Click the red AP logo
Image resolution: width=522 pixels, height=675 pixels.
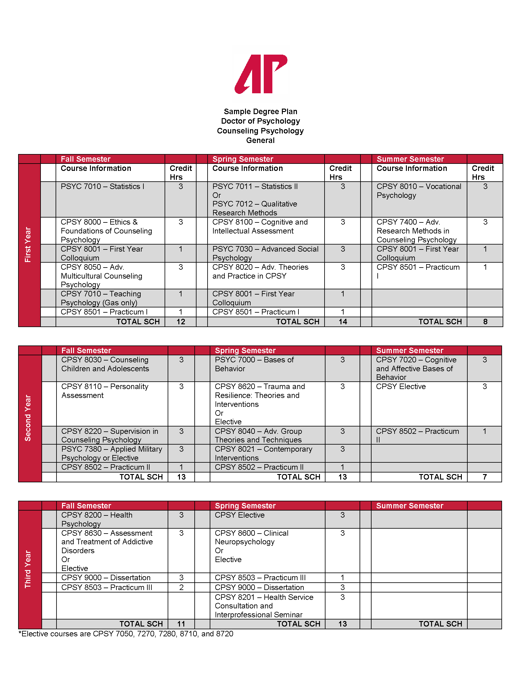pyautogui.click(x=261, y=74)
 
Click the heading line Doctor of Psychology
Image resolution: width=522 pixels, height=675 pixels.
pyautogui.click(x=260, y=121)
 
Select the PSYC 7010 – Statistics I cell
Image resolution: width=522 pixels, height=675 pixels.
pyautogui.click(x=102, y=187)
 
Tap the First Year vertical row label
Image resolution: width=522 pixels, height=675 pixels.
pyautogui.click(x=28, y=245)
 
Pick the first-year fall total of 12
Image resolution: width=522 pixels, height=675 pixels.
pyautogui.click(x=181, y=322)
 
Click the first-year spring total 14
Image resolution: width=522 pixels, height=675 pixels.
pyautogui.click(x=343, y=322)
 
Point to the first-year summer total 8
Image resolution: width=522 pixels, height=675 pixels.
pyautogui.click(x=485, y=322)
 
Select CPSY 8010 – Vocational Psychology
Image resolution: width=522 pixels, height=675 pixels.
pyautogui.click(x=419, y=191)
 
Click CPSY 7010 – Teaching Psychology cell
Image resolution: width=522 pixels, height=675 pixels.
pyautogui.click(x=101, y=298)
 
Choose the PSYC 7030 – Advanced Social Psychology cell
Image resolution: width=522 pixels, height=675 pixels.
pyautogui.click(x=265, y=253)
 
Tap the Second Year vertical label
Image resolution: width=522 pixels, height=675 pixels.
pyautogui.click(x=28, y=418)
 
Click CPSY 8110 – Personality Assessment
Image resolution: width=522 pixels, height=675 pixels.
pyautogui.click(x=105, y=391)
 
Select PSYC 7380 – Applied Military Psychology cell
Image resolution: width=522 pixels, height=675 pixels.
pyautogui.click(x=112, y=453)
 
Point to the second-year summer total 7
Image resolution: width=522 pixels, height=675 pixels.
pyautogui.click(x=485, y=477)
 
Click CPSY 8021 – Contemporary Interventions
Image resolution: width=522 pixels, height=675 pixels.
pyautogui.click(x=263, y=453)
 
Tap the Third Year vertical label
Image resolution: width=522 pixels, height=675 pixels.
pyautogui.click(x=28, y=569)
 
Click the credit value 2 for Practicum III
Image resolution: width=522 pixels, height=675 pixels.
pyautogui.click(x=181, y=587)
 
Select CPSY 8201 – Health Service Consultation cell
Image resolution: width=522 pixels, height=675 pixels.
pyautogui.click(x=264, y=606)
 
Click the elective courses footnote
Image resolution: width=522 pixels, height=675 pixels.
pyautogui.click(x=126, y=634)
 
